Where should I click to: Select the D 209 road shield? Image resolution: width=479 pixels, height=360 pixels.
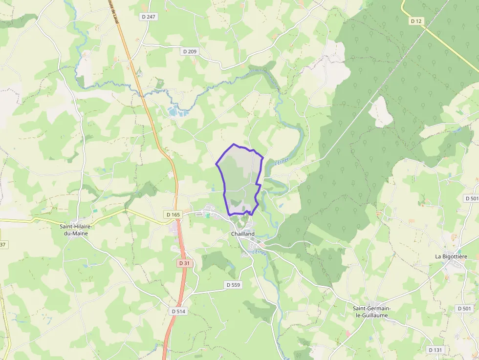[190, 51]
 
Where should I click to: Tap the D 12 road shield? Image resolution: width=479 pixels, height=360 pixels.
[416, 21]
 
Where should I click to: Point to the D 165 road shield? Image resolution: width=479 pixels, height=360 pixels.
[174, 214]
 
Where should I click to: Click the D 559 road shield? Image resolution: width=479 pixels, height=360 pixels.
[234, 285]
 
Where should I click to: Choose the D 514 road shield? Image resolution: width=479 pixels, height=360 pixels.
[179, 311]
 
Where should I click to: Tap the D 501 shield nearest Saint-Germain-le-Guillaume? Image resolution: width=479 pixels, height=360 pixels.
[464, 309]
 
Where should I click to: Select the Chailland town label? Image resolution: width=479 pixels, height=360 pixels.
[243, 234]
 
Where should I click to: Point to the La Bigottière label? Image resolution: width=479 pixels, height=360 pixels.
[451, 256]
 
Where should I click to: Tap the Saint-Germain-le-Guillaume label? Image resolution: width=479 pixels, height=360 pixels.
[372, 312]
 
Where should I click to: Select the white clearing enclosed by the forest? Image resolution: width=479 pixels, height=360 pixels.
[381, 112]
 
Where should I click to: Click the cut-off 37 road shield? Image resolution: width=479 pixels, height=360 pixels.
[2, 244]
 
